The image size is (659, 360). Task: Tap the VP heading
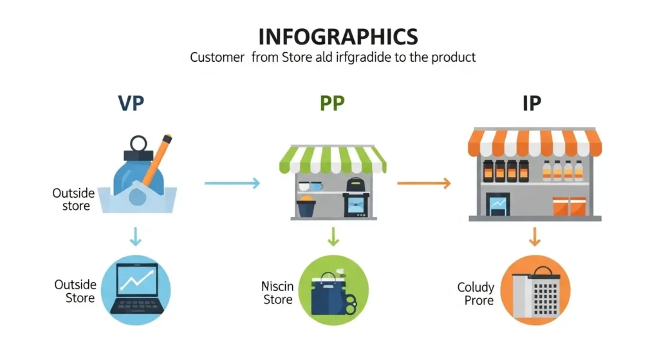pos(131,103)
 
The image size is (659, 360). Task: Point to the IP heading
pos(531,103)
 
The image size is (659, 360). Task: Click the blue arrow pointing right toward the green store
pos(232,184)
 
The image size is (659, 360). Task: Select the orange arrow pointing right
pos(423,184)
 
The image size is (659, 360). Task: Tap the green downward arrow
pos(333,238)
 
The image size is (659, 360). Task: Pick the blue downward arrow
pos(135,238)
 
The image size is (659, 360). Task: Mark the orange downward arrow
pos(534,238)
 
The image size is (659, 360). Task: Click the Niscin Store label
pos(278,292)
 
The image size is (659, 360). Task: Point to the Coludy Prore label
pos(476,294)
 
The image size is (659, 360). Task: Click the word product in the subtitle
pos(451,57)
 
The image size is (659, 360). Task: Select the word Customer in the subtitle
pos(217,57)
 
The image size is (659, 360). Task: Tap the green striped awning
pos(333,159)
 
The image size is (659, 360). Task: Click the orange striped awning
pos(535,143)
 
